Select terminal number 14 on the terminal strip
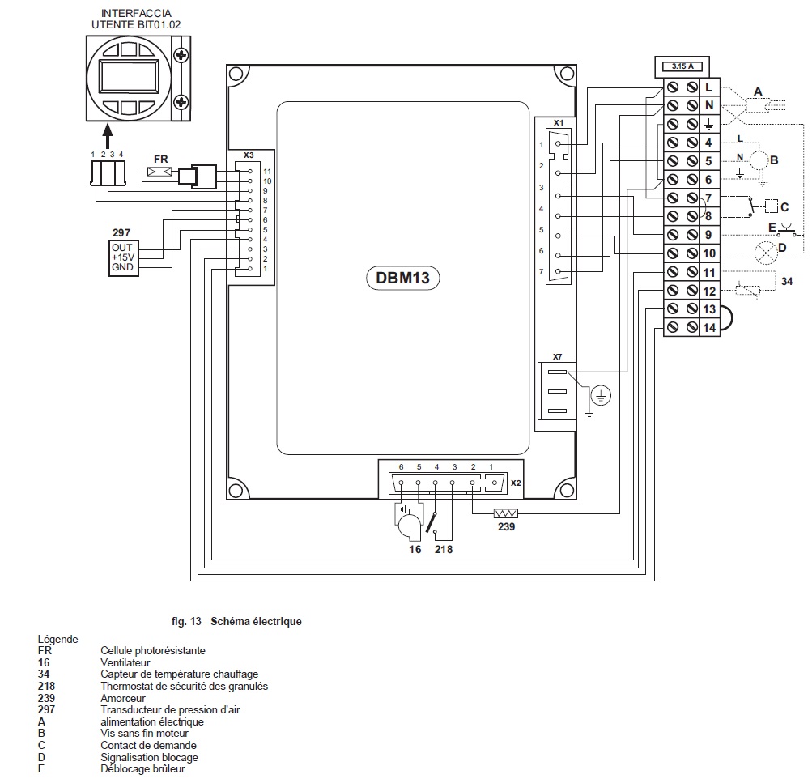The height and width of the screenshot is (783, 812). click(709, 328)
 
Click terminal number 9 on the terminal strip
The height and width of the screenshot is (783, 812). click(708, 235)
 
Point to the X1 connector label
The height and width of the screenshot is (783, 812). click(558, 122)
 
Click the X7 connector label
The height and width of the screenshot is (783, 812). click(558, 356)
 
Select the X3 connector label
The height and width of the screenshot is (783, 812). click(249, 154)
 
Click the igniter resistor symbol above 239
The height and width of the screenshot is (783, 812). click(506, 513)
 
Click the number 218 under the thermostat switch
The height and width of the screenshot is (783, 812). click(443, 549)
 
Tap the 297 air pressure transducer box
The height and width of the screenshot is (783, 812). click(122, 257)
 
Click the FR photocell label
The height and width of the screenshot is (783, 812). click(160, 159)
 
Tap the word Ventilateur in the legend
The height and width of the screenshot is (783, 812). click(125, 662)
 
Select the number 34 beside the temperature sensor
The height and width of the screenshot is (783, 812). click(786, 281)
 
